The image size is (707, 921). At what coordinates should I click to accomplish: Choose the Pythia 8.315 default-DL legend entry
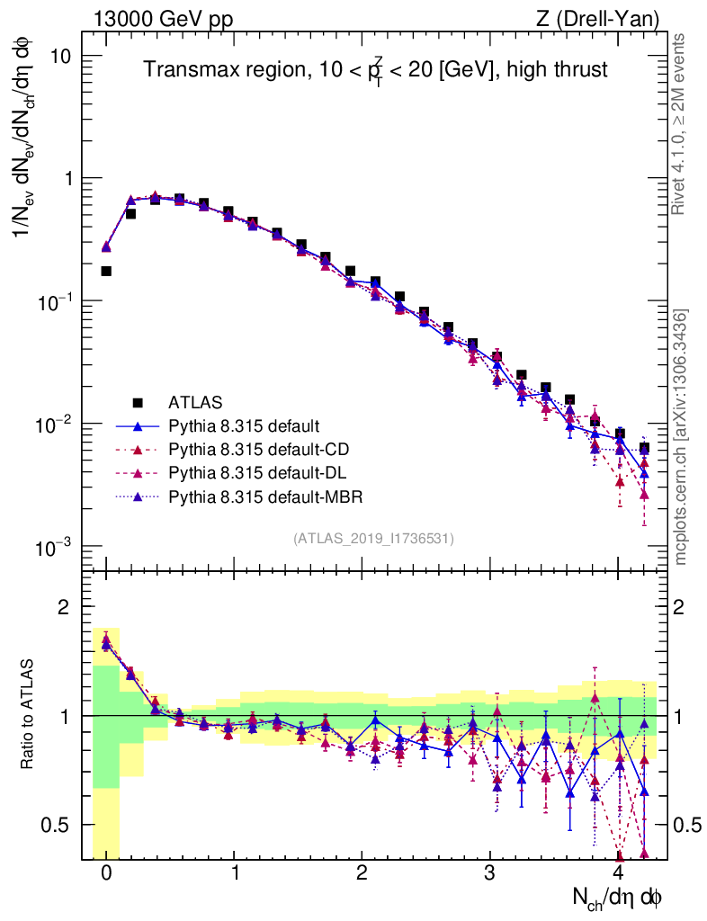coord(256,472)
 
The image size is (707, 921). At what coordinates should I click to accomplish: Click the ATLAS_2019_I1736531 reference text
coord(373,538)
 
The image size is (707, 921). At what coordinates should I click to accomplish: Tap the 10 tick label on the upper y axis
coord(59,56)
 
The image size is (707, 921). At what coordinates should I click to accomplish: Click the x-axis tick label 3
coord(489,873)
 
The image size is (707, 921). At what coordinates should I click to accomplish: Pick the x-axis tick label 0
coord(106,873)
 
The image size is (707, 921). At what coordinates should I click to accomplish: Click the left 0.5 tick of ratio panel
coord(60,825)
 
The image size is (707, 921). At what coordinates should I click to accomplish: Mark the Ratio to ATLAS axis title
coord(30,715)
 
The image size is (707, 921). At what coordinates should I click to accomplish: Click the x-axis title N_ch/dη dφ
coord(618,897)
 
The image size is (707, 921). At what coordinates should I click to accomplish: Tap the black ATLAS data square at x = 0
coord(106,271)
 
